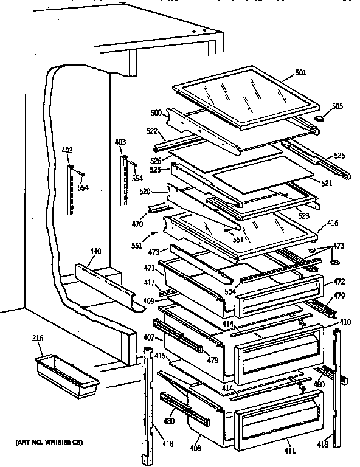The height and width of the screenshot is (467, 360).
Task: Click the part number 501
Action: click(x=300, y=73)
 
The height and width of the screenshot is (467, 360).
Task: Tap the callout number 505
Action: click(x=337, y=106)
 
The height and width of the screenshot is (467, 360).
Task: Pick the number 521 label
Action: click(x=327, y=182)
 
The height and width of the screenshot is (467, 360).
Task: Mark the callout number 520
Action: click(x=145, y=190)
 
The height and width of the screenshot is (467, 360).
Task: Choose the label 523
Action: click(x=303, y=215)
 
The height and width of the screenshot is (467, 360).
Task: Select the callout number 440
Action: click(x=95, y=251)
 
